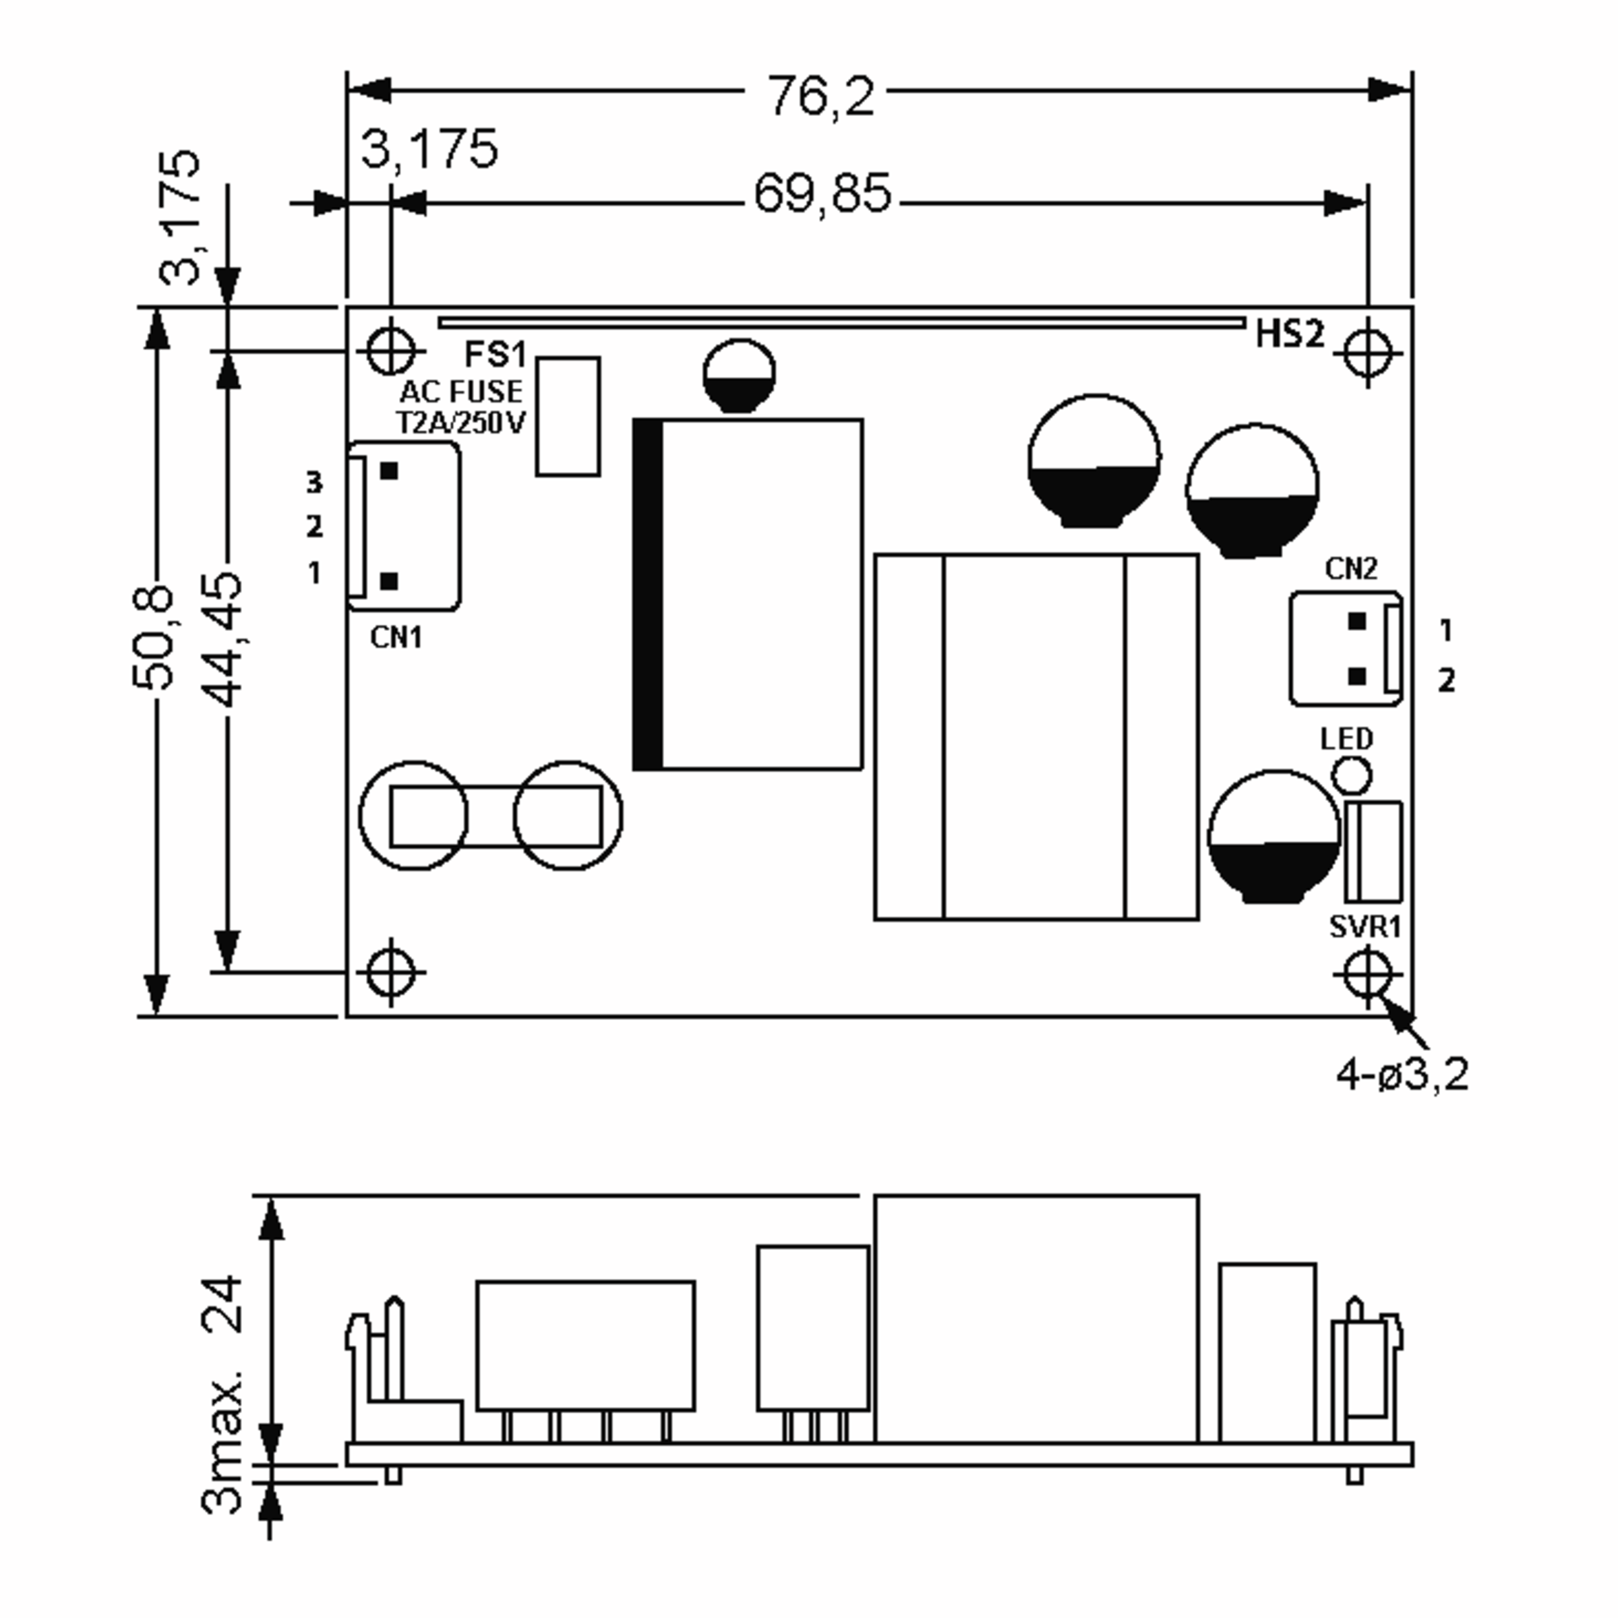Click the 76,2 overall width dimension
[x=820, y=96]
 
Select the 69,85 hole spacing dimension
[x=822, y=194]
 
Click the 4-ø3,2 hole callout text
[x=1403, y=1075]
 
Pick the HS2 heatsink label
[x=1290, y=334]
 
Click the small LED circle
[x=1351, y=775]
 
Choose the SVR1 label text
[x=1365, y=927]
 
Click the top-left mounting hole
[x=390, y=350]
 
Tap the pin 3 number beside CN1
[x=313, y=483]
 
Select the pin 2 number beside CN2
[x=1446, y=681]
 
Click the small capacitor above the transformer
[x=739, y=374]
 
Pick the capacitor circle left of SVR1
[x=1273, y=836]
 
